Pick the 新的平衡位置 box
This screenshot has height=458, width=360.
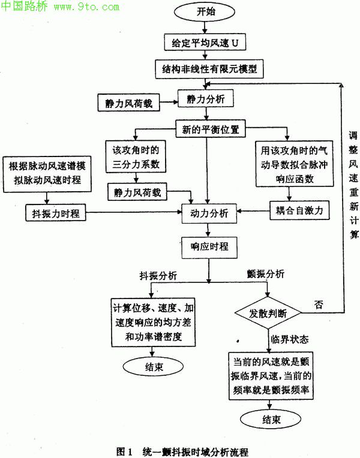point(206,129)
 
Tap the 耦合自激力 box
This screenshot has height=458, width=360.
point(298,210)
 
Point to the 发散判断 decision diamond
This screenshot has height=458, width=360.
point(268,312)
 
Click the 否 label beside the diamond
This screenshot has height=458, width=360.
point(318,305)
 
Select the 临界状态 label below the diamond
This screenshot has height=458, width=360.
point(290,339)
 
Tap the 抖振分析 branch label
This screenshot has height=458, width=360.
point(158,275)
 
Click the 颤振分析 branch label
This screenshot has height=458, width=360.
point(266,274)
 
